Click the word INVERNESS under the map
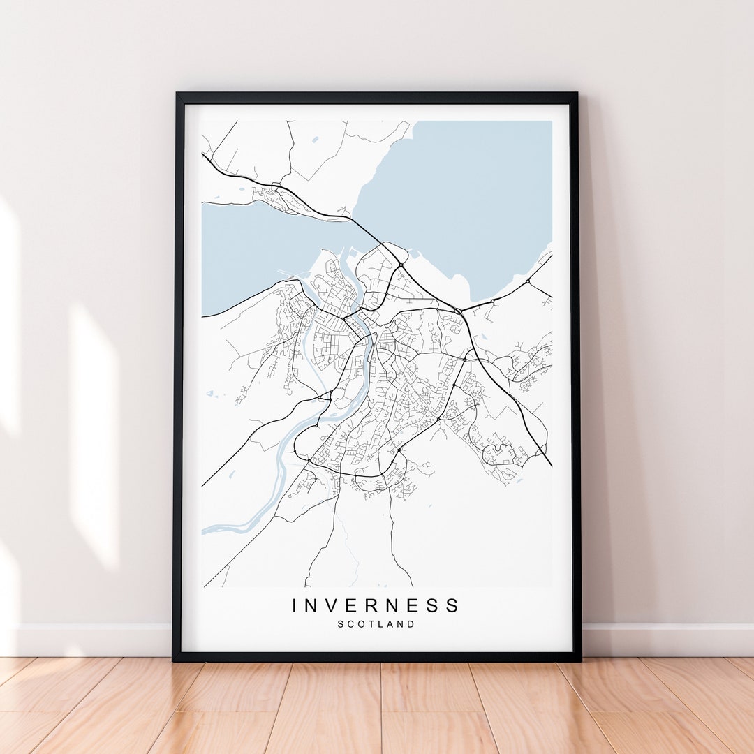[x=376, y=605]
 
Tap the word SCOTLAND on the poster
[x=376, y=624]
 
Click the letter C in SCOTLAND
[x=351, y=624]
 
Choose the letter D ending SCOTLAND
[x=411, y=624]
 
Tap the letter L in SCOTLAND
[x=383, y=624]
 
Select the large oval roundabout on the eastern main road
[x=458, y=311]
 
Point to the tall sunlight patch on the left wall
[x=94, y=433]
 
